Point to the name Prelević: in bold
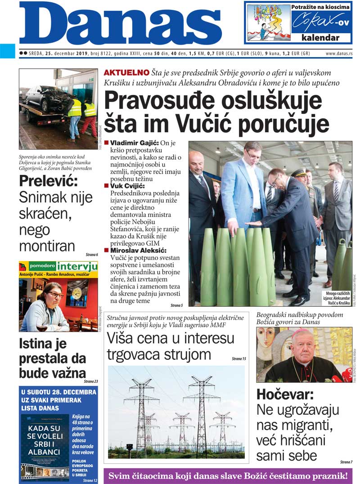(48, 181)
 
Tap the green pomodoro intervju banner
(58, 266)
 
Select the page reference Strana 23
(90, 381)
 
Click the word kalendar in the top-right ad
(320, 38)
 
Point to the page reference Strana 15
(238, 359)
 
